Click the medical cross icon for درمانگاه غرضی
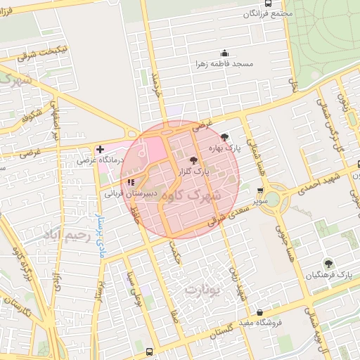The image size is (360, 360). [x=101, y=149]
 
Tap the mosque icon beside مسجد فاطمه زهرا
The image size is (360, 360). [x=224, y=53]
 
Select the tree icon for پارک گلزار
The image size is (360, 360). [x=193, y=160]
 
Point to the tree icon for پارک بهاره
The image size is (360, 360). [x=224, y=137]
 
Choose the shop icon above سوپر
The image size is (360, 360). [x=261, y=191]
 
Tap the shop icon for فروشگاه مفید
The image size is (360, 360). [x=259, y=312]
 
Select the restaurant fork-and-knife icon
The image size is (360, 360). [x=131, y=182]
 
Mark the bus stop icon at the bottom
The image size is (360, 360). [x=148, y=351]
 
